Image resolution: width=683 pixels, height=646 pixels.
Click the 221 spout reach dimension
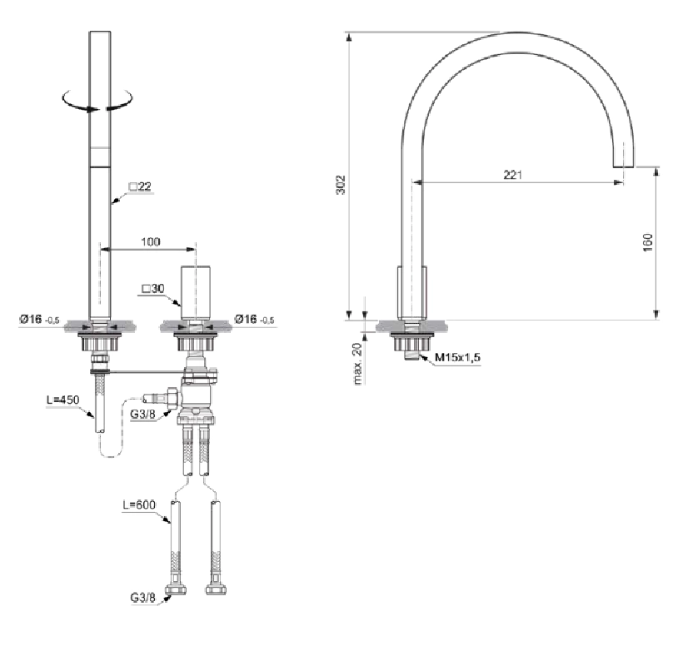point(513,175)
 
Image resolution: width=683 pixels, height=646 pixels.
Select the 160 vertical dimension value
point(648,242)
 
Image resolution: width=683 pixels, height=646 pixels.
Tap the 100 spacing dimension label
point(150,241)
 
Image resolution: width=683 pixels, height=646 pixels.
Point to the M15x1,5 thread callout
point(457,357)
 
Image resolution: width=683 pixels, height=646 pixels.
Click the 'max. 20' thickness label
point(357,364)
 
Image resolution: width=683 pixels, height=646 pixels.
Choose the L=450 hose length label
point(63,400)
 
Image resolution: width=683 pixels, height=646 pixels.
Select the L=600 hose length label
point(139,505)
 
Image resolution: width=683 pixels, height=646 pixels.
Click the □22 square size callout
point(140,186)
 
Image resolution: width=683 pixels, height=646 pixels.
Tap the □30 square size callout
point(153,288)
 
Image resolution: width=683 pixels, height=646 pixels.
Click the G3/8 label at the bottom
point(143,598)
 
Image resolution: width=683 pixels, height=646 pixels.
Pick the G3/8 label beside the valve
point(143,414)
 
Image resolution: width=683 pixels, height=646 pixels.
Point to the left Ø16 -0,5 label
point(39,320)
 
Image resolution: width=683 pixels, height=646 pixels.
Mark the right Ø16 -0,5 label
point(254,320)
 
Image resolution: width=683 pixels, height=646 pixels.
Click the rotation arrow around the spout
point(97,101)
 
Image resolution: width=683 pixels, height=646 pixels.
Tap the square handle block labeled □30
point(196,292)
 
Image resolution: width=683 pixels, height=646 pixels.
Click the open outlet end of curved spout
point(623,166)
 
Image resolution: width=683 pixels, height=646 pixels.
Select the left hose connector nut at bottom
point(176,590)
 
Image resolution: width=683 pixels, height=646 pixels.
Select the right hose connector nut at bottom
point(216,590)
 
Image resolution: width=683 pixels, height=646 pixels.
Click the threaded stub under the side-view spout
point(411,356)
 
